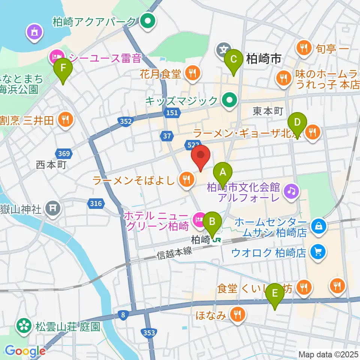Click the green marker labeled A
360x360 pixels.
[223, 173]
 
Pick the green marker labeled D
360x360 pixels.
[297, 123]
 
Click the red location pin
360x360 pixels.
[201, 156]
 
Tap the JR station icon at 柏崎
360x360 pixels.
[216, 240]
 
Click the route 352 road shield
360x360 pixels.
[126, 121]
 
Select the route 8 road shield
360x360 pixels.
[123, 315]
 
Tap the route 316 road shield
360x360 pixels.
[95, 203]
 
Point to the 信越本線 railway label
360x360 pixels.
[174, 254]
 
